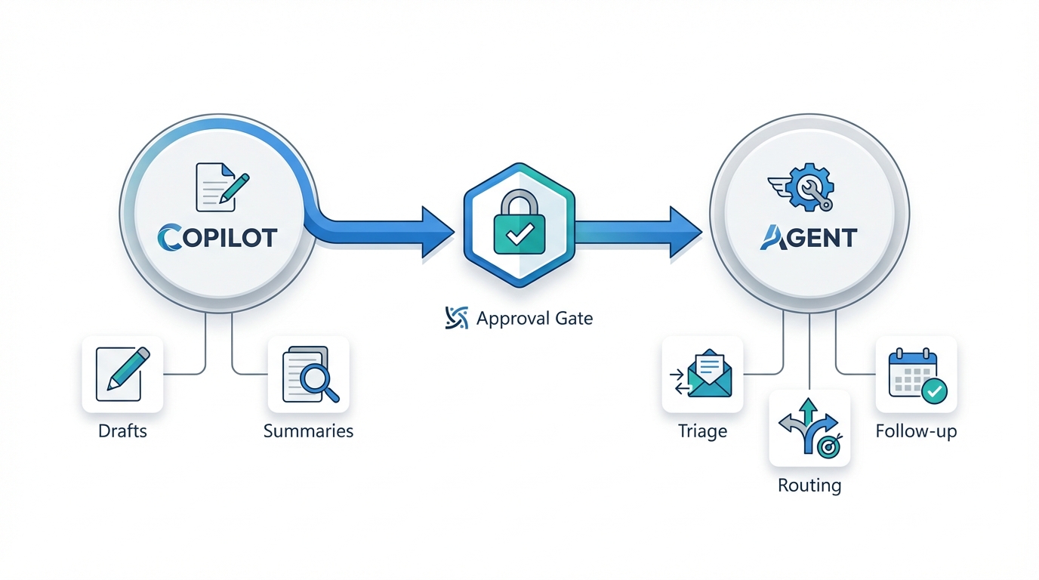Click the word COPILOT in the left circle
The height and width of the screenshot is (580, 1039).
pyautogui.click(x=217, y=237)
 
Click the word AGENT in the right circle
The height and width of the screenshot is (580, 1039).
pyautogui.click(x=808, y=237)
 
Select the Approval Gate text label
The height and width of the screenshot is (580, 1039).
pyautogui.click(x=535, y=319)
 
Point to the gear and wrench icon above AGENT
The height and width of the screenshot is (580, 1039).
pyautogui.click(x=805, y=186)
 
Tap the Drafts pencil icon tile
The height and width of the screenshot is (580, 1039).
pyautogui.click(x=122, y=374)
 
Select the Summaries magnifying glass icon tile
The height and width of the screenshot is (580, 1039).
pyautogui.click(x=309, y=374)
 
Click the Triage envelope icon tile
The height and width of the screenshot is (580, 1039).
pyautogui.click(x=702, y=374)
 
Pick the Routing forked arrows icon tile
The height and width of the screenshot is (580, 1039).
pyautogui.click(x=809, y=427)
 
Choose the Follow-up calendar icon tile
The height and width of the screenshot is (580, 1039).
pyautogui.click(x=916, y=374)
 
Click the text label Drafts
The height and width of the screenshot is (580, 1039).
pyautogui.click(x=122, y=432)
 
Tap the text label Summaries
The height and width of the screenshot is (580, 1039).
pyautogui.click(x=308, y=432)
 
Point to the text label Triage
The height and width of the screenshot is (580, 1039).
pyautogui.click(x=702, y=432)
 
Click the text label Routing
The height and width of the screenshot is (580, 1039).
pyautogui.click(x=809, y=485)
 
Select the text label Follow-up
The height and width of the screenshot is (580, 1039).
pyautogui.click(x=916, y=432)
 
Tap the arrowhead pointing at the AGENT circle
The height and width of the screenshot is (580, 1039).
pyautogui.click(x=685, y=231)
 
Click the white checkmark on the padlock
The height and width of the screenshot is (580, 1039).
pyautogui.click(x=519, y=236)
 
